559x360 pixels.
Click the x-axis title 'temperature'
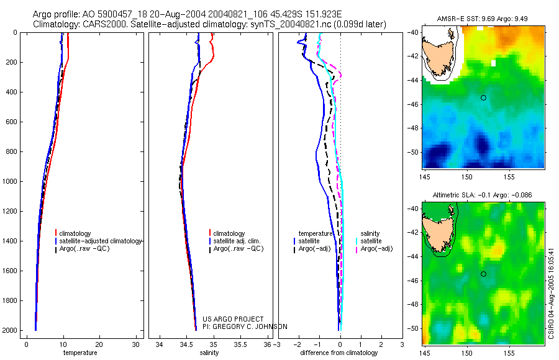pyautogui.click(x=80, y=353)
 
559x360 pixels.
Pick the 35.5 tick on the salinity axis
pyautogui.click(x=241, y=344)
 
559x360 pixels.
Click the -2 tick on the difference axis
pyautogui.click(x=299, y=344)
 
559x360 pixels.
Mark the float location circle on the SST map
pyautogui.click(x=483, y=97)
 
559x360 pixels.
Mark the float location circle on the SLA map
pyautogui.click(x=483, y=274)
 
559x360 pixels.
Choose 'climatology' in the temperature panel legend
pyautogui.click(x=76, y=233)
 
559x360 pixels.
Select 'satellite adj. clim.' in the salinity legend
pyautogui.click(x=236, y=241)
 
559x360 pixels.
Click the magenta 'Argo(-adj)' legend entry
pyautogui.click(x=376, y=249)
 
